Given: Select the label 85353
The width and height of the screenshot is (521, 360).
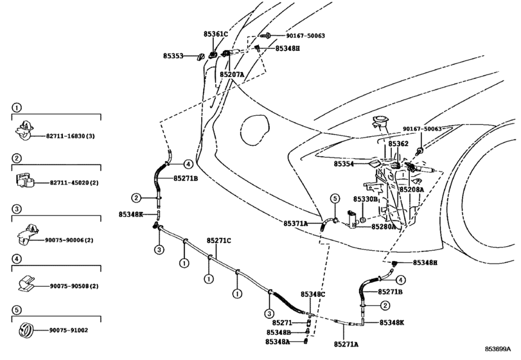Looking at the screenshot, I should click(172, 56).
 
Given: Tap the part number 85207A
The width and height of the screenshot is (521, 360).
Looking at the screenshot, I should click(231, 75).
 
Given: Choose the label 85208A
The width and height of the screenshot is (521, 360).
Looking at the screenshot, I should click(411, 190).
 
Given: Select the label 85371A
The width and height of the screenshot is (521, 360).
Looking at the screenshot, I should click(296, 223).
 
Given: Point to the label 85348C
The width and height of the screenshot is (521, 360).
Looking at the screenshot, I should click(313, 294).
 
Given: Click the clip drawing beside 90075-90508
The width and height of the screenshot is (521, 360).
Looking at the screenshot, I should click(28, 283).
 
